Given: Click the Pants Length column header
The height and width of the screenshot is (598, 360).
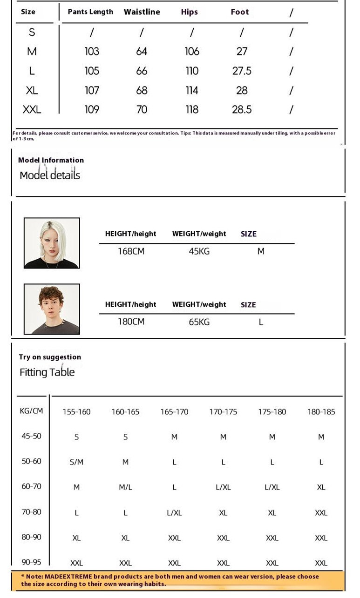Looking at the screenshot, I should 90,12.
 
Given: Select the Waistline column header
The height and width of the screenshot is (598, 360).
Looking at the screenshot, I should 142,12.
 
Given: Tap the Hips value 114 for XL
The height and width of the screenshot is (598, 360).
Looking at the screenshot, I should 192,90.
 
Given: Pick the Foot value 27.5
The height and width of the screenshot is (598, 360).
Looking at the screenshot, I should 242,71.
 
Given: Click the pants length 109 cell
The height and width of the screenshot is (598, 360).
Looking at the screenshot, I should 92,109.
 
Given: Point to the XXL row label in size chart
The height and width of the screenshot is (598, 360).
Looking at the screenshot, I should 32,109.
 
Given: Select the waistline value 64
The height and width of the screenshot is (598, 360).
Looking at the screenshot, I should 142,51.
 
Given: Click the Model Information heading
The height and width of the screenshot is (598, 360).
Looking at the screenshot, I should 51,160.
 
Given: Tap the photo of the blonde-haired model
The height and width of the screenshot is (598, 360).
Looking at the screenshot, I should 52,243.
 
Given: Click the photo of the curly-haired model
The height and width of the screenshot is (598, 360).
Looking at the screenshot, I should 52,309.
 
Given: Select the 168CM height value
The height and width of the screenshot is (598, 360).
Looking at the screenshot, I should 131,251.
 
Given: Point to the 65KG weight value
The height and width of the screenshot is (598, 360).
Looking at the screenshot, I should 199,322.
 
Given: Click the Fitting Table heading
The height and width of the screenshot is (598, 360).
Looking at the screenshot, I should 47,372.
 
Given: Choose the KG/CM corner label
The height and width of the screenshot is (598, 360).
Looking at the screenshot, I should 31,411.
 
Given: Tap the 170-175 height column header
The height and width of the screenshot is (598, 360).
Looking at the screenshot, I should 223,412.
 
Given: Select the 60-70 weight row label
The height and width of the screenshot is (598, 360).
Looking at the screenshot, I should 31,486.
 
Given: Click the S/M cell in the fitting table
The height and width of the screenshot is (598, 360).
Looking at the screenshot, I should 76,462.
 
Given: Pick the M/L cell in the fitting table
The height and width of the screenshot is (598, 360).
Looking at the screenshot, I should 125,487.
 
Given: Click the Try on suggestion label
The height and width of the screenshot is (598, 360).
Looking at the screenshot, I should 50,357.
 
